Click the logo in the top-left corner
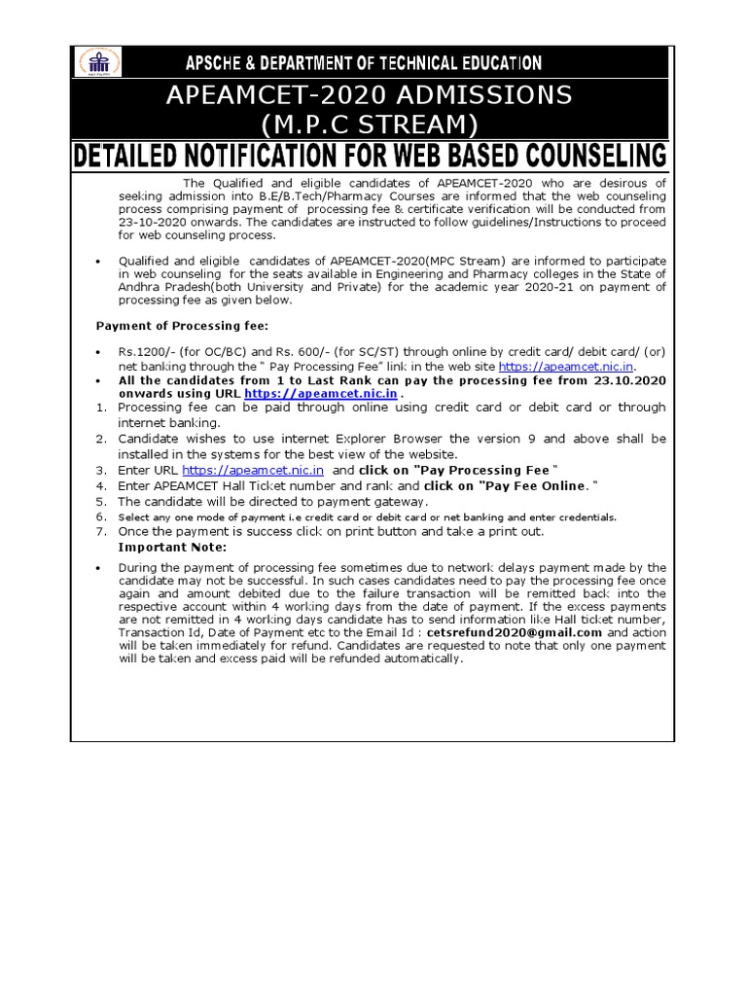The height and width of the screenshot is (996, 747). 98,63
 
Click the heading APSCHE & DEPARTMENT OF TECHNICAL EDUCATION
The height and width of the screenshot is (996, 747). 364,63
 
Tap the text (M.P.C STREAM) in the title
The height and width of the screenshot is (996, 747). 369,124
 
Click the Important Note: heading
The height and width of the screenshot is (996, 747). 171,547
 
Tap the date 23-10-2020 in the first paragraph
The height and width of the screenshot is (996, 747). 150,222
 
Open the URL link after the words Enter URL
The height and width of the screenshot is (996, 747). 253,470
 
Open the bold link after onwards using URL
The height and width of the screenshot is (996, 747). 320,393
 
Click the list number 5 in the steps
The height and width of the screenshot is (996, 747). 100,501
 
